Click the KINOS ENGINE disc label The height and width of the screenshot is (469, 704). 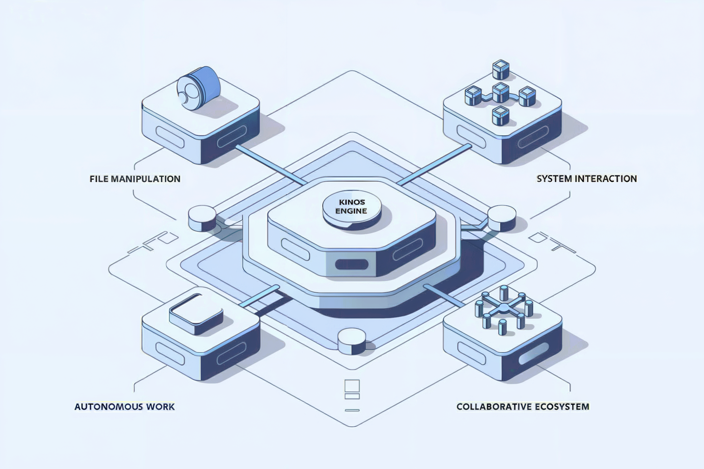[351, 207]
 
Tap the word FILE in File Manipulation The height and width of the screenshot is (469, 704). [99, 179]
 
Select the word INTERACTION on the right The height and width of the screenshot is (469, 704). [606, 179]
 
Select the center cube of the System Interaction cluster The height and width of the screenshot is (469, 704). [501, 92]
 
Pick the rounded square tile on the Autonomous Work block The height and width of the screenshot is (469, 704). [196, 313]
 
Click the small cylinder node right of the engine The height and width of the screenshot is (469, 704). [502, 218]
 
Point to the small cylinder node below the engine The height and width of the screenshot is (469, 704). [352, 341]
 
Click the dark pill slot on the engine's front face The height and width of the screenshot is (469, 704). [352, 264]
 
